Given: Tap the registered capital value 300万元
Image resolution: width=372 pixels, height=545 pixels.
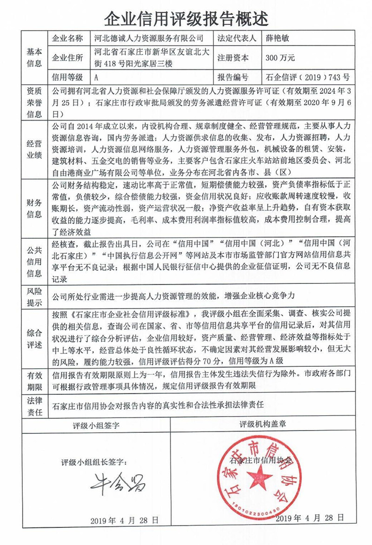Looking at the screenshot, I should click(280, 58).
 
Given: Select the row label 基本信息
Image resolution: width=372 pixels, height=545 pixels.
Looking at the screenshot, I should click(34, 58).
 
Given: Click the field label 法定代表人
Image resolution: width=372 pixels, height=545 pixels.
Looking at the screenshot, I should click(237, 38).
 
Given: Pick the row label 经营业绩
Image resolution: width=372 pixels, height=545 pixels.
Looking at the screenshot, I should click(34, 148).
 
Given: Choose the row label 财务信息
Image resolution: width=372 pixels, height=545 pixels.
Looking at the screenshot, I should click(34, 209).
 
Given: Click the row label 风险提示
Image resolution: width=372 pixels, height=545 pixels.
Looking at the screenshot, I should click(34, 296).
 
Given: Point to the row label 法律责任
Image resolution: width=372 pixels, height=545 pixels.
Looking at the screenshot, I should click(34, 406).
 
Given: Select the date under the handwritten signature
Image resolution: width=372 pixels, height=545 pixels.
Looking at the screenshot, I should click(124, 519).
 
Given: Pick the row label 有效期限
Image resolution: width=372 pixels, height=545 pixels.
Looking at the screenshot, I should click(34, 381).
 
